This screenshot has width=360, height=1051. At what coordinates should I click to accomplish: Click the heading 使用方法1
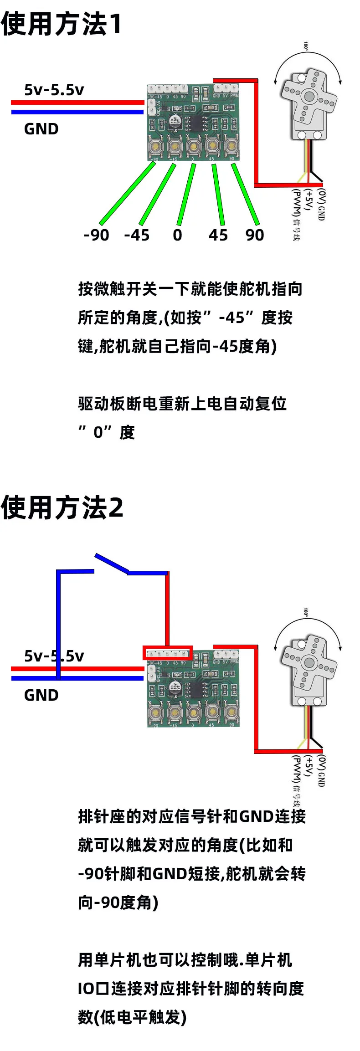coord(62,24)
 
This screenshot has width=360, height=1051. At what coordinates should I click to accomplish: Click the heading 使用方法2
coord(62,507)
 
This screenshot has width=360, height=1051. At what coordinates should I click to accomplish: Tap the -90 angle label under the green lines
coord(97,235)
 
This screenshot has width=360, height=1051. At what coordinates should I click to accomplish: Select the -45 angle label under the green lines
coord(137,235)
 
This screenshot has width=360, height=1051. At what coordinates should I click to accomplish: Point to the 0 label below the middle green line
coord(177,235)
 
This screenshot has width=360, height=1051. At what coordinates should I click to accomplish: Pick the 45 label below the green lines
coord(218,235)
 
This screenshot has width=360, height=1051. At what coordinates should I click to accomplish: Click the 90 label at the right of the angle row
coord(254,235)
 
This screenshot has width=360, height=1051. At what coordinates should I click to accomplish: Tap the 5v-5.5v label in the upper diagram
coord(54,90)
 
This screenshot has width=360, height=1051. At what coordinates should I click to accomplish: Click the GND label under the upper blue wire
coord(41,129)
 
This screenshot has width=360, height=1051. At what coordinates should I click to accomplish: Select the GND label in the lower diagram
coord(41,695)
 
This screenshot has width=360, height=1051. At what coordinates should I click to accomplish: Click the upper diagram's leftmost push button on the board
coord(155,146)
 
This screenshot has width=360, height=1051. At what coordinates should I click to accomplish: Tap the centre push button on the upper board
coord(194,146)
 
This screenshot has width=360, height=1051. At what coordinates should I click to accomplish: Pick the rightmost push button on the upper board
coord(231,146)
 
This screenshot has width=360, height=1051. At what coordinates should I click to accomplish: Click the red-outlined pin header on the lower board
coord(167,652)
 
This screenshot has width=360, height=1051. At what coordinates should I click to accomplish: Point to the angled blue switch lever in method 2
coord(112,563)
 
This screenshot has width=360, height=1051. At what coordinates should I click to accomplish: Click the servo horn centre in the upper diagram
coord(309,96)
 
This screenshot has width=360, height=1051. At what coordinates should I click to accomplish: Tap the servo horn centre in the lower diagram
coord(309,662)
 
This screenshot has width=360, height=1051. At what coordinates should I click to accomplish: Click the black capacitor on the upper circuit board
coord(174,120)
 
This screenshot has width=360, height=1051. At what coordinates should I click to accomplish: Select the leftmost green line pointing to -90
coord(128,193)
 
